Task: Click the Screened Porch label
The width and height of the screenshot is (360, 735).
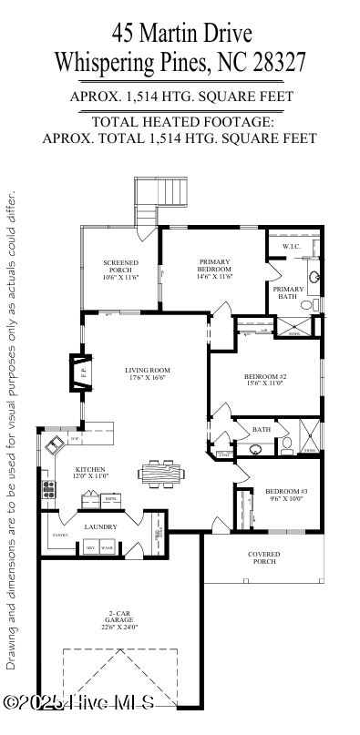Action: click(120, 266)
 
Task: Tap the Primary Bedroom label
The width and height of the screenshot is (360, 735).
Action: click(215, 265)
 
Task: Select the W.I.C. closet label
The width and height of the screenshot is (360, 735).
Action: click(291, 247)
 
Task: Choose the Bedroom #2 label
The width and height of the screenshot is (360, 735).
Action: click(265, 376)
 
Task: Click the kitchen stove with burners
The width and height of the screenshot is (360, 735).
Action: click(47, 492)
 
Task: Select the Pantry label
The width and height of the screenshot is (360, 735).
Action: click(60, 535)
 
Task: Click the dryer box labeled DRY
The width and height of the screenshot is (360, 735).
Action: click(90, 547)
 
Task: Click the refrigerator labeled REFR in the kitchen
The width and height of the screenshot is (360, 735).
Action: click(111, 498)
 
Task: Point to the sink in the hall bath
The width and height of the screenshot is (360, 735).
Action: click(256, 448)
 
